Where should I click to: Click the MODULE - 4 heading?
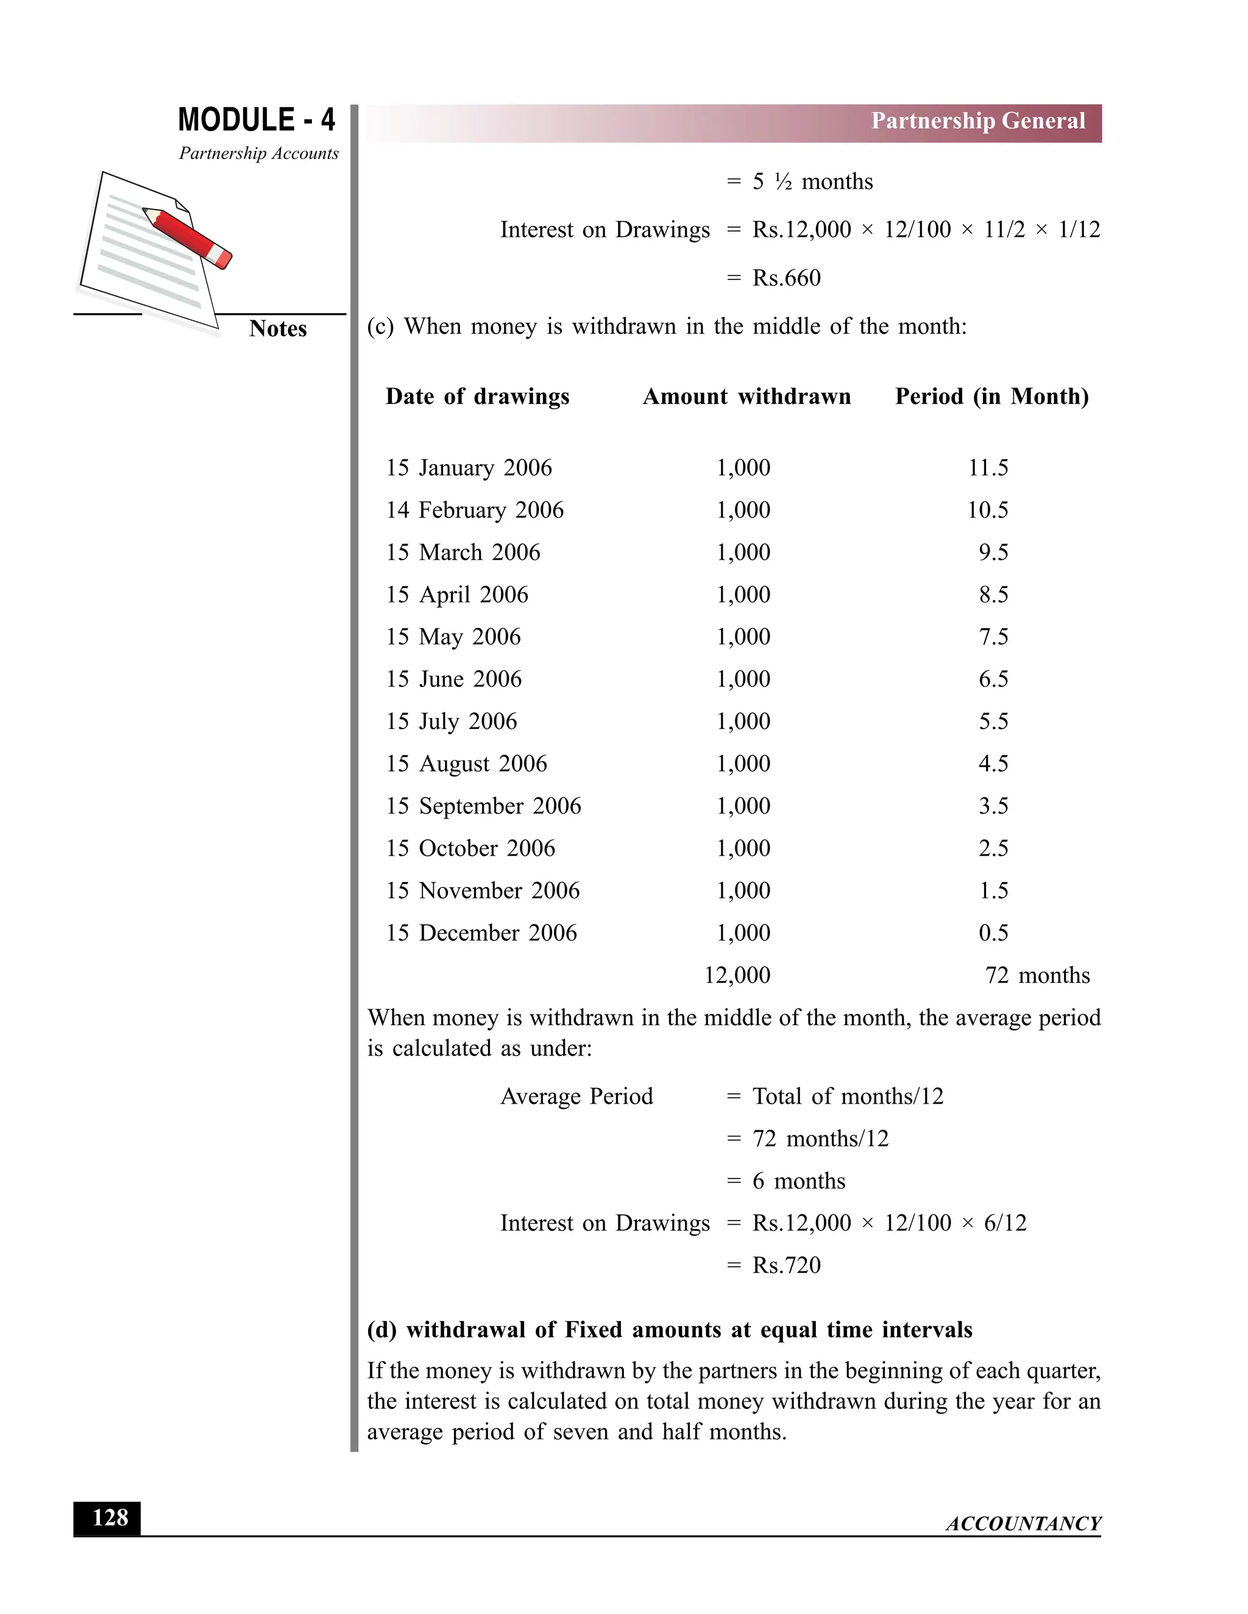tap(256, 120)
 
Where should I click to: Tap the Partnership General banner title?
tap(977, 121)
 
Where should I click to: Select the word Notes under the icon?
tap(277, 329)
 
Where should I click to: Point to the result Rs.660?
tap(786, 278)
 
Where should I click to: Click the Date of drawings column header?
tap(477, 397)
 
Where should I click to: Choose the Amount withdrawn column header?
tap(746, 397)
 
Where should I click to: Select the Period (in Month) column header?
tap(991, 397)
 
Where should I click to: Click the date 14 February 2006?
tap(474, 510)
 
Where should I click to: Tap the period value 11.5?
tap(988, 468)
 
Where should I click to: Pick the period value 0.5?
tap(993, 932)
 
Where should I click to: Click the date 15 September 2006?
tap(483, 806)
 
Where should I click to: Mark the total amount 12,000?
tap(737, 976)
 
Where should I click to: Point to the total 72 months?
tap(1037, 976)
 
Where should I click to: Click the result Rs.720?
tap(786, 1265)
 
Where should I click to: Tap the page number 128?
tap(110, 1518)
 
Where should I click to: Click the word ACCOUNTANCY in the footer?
tap(1023, 1524)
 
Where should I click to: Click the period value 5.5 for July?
tap(993, 721)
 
